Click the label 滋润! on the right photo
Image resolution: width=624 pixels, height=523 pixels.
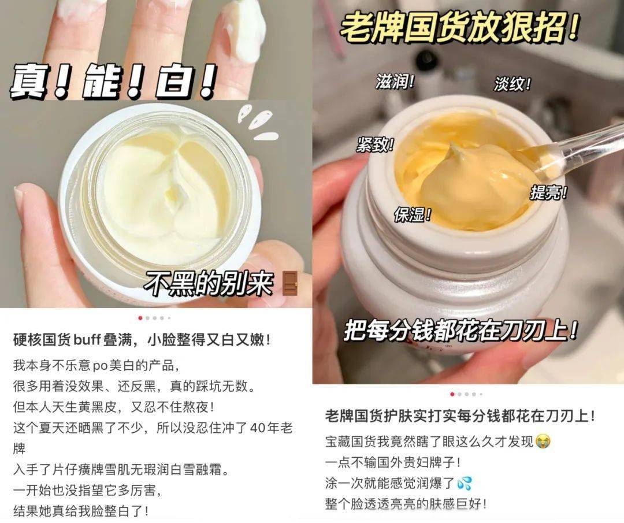pos(395,82)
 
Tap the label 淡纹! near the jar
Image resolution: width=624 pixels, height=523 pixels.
pos(512,84)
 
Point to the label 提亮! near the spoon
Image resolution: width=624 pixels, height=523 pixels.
pos(549,193)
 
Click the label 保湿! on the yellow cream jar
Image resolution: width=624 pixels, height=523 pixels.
pos(413,214)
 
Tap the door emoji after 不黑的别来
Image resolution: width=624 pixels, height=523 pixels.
pos(289,283)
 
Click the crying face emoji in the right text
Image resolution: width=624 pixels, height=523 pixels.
pos(543,442)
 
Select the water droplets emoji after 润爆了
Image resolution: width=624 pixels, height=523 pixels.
pos(464,483)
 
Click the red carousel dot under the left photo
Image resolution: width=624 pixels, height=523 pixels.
pos(140,318)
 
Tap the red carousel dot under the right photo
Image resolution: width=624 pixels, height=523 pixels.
pos(452,395)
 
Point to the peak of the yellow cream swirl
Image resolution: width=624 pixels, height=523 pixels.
pos(454,148)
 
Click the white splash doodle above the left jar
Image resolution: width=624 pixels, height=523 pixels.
pos(259,122)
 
